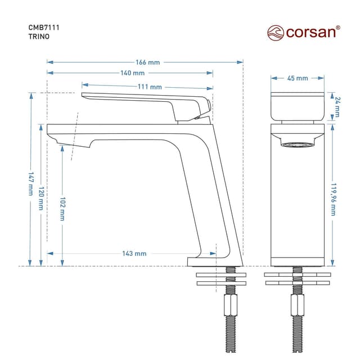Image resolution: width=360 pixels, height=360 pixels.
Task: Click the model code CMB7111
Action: (x=44, y=28)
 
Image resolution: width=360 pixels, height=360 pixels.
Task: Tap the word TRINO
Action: (x=39, y=37)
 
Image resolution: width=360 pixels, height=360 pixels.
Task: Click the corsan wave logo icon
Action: (x=276, y=33)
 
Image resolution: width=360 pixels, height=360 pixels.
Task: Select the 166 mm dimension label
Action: (x=147, y=62)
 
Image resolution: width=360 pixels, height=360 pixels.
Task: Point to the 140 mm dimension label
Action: (x=133, y=73)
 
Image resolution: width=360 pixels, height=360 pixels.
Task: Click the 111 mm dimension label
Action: (x=150, y=87)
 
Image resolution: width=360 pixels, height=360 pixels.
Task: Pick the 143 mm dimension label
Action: (x=134, y=254)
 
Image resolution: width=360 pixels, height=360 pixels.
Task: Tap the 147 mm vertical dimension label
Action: (x=31, y=184)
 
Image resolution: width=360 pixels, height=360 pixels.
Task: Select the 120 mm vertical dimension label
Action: (x=41, y=199)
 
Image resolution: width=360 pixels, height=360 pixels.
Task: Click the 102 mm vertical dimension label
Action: (x=62, y=209)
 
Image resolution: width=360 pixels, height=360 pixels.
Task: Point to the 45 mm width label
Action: (x=298, y=78)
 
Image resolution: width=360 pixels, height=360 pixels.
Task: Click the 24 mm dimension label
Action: (x=337, y=107)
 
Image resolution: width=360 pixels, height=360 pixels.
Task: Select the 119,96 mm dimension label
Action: (x=334, y=199)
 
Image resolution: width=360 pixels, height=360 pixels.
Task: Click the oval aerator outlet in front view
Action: (x=298, y=145)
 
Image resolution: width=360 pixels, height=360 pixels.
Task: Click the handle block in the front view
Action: (x=298, y=106)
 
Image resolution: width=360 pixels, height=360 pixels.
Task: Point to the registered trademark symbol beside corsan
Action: (x=338, y=28)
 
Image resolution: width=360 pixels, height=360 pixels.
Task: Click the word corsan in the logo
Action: (x=311, y=33)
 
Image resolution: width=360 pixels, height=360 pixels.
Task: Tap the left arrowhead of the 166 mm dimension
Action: (x=50, y=62)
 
